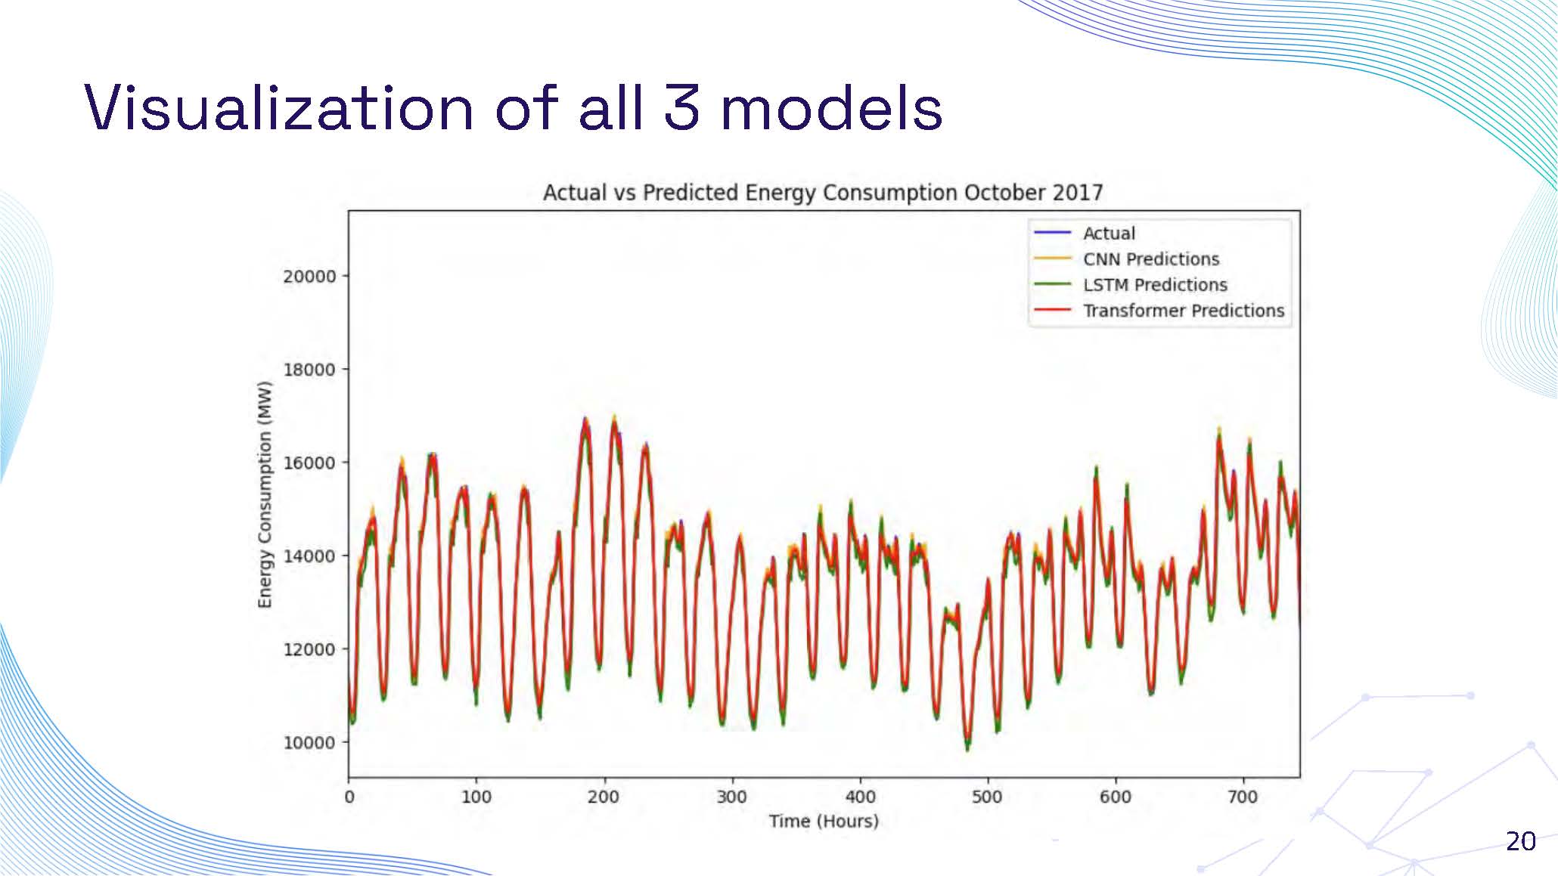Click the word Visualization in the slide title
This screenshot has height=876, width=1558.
278,108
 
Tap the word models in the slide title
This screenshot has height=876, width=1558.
831,108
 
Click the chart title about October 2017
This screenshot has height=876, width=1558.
823,193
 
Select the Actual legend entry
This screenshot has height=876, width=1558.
1109,234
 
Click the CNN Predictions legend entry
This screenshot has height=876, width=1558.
1150,259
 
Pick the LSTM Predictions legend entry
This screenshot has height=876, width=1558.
1154,285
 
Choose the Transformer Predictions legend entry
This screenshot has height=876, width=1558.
1183,311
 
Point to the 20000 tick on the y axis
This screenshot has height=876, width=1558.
309,277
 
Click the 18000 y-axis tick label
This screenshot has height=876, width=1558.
309,370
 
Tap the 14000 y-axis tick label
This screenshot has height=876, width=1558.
309,556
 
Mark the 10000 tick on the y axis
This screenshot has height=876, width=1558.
309,742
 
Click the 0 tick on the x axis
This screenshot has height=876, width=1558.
349,797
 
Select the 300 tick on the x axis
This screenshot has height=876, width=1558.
731,797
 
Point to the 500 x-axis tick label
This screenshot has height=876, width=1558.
987,797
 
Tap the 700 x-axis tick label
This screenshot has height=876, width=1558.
1242,797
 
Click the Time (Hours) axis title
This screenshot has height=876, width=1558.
824,821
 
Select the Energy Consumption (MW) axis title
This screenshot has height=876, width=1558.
264,494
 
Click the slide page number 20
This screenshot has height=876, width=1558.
1520,841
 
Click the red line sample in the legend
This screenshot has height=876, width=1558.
1052,311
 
